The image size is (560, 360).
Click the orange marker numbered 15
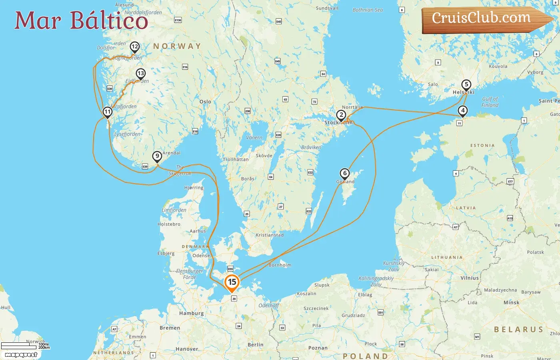(x=232, y=282)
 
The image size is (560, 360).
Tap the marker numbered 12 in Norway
(x=135, y=47)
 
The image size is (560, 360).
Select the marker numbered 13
(x=140, y=74)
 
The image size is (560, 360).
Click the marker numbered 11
(x=107, y=112)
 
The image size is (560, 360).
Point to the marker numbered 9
(x=157, y=156)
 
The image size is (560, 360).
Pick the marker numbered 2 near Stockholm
(x=341, y=116)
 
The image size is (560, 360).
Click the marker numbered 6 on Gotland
(x=344, y=174)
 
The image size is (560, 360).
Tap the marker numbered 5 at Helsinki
(x=466, y=85)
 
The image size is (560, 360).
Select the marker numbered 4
(x=462, y=111)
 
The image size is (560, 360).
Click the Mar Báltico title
(x=81, y=20)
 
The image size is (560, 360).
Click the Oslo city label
(x=205, y=102)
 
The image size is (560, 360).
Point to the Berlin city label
(x=256, y=345)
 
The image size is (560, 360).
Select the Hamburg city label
(x=192, y=313)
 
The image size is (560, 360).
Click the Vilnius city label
(x=470, y=278)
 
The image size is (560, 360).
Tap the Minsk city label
(x=512, y=302)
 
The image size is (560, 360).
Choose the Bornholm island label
(x=280, y=265)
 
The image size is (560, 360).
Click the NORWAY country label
(x=177, y=46)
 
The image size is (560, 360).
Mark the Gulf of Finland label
(x=490, y=102)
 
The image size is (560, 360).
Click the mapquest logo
(x=21, y=355)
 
